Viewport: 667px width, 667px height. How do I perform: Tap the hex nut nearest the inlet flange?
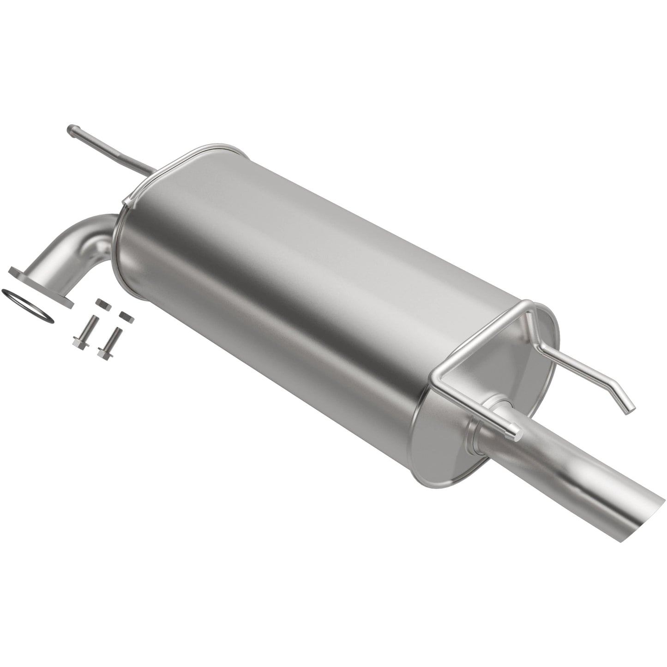pyautogui.click(x=101, y=302)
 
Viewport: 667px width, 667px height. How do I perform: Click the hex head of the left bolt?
pyautogui.click(x=78, y=343)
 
